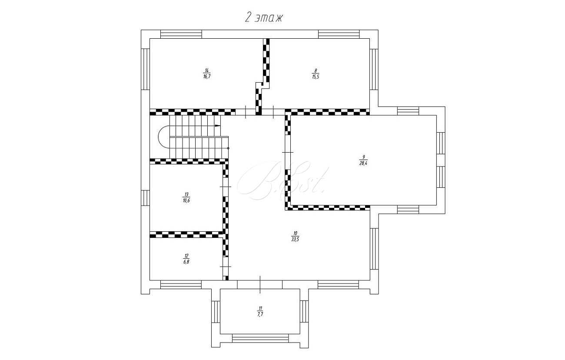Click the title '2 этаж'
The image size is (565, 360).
264,18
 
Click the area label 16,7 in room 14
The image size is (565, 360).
206,77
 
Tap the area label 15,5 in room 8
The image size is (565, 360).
316,77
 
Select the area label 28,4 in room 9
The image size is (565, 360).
363,163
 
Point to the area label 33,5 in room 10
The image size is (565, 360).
295,240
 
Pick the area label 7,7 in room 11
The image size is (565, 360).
260,314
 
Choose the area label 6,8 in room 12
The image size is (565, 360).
186,262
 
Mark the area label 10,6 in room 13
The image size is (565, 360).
186,201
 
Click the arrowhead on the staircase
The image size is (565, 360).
217,125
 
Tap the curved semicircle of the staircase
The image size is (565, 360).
158,137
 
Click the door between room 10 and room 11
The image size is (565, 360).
260,285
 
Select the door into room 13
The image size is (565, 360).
226,187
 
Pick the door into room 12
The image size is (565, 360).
226,267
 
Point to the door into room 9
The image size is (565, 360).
288,152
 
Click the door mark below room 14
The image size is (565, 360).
246,112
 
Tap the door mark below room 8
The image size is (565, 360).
273,112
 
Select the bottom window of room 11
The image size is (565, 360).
260,338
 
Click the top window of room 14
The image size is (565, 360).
181,34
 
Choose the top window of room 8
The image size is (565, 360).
339,34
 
